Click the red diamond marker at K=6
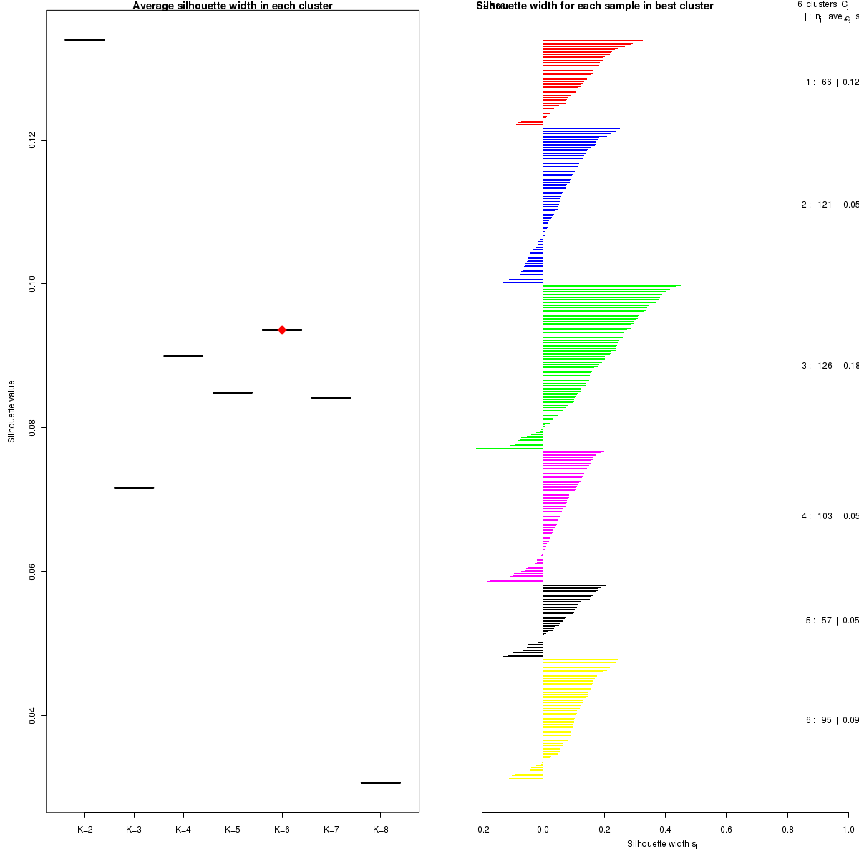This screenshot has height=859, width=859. point(282,329)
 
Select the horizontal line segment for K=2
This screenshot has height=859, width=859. point(84,39)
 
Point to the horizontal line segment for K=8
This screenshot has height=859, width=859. point(380,782)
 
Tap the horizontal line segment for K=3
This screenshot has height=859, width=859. point(134,487)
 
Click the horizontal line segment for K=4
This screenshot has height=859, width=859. point(183,356)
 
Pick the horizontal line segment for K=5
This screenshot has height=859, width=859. point(233,392)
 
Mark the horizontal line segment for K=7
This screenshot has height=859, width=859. point(331,397)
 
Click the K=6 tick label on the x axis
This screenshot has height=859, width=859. point(282,830)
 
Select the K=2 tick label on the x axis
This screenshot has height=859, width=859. point(84,830)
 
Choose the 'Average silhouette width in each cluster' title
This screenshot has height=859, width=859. point(233,6)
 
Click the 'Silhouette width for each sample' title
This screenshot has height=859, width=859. point(595,6)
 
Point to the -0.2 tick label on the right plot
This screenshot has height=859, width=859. point(482,830)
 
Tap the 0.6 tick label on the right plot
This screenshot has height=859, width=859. point(726,830)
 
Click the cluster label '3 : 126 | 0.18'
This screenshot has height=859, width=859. point(830,366)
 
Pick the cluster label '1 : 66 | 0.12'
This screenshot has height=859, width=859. point(832,82)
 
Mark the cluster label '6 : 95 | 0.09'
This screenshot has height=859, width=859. point(832,720)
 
